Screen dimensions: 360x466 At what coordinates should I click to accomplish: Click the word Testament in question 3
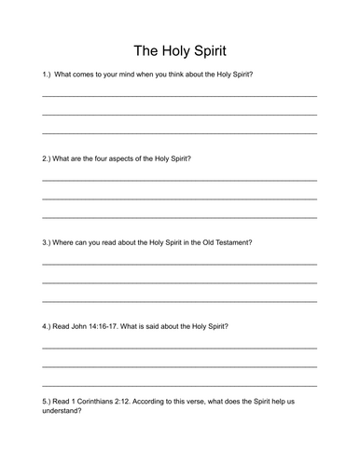[x=234, y=241]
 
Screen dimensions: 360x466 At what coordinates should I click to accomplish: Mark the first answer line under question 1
[x=179, y=96]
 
